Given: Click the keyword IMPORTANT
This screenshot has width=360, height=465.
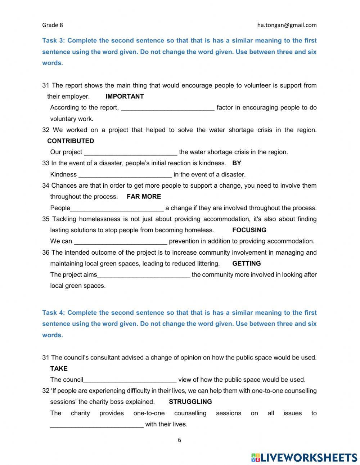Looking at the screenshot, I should click(125, 96).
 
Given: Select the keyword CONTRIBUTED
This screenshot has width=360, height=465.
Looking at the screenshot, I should click(71, 141).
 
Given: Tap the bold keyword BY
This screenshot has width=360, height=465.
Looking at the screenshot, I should click(237, 163).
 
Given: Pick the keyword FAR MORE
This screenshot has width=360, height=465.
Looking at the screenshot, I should click(144, 196).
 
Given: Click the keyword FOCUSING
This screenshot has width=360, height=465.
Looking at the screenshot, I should click(249, 230).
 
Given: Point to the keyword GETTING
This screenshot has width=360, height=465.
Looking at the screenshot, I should click(246, 263).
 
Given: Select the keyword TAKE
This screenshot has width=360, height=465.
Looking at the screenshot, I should click(59, 368).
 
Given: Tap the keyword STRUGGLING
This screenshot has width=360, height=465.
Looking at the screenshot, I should click(190, 402).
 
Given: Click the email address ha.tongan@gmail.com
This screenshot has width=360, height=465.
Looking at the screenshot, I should click(287, 25).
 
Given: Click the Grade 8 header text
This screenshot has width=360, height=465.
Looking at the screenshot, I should click(53, 25).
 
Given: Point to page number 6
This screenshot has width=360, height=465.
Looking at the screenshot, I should click(179, 440).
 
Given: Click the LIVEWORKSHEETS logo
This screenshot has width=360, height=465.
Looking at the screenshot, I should click(304, 457).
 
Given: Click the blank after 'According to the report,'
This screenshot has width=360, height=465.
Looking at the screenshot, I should click(167, 108).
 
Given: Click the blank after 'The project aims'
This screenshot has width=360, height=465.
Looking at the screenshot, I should click(144, 275).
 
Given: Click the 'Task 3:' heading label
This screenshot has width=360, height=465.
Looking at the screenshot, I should click(53, 41).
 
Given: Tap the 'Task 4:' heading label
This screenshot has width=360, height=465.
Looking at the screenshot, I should click(53, 313).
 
